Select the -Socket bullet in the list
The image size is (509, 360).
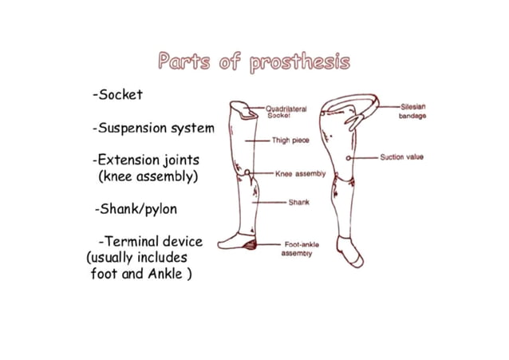[117, 94]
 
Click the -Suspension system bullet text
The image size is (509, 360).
[153, 128]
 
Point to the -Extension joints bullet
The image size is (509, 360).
[146, 160]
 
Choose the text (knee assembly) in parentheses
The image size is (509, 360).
[148, 176]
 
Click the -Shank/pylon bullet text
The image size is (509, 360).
[135, 209]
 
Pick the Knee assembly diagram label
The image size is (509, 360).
[300, 173]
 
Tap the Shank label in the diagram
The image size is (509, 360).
[298, 202]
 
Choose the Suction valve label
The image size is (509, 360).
[402, 157]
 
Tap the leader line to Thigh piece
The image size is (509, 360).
[257, 140]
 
